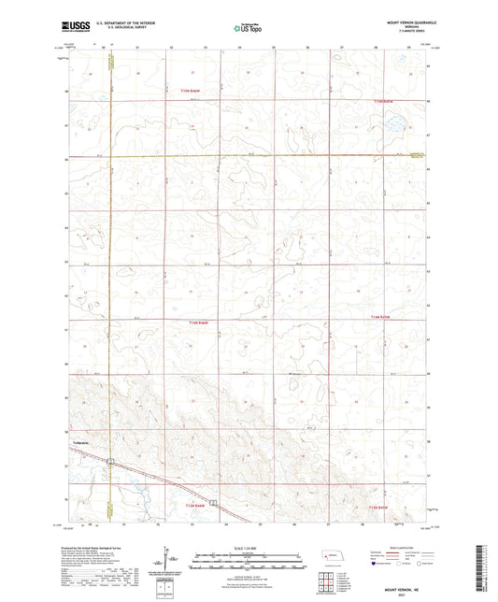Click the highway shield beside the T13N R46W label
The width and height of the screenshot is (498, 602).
213,505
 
